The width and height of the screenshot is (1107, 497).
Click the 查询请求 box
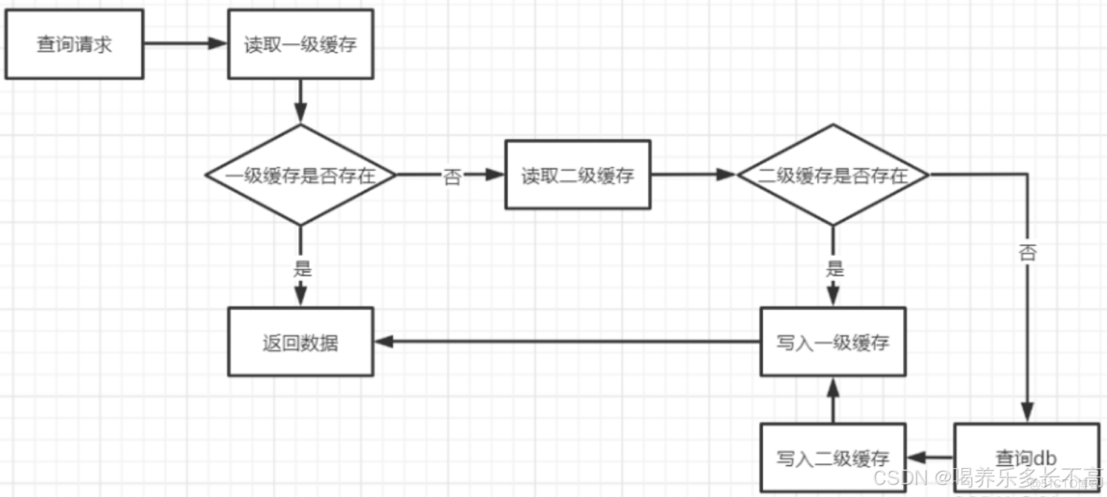[74, 44]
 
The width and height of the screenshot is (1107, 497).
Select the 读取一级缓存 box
[301, 44]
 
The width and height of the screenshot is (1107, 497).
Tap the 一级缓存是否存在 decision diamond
[300, 175]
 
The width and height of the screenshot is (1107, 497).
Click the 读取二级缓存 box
[578, 175]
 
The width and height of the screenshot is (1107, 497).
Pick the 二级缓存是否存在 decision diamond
[832, 175]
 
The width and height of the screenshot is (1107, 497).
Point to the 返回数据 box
[300, 342]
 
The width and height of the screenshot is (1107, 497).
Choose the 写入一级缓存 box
[832, 342]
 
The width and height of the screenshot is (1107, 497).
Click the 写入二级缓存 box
[832, 458]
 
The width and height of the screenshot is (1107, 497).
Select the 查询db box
[1026, 458]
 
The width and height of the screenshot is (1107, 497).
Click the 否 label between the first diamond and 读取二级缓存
[453, 177]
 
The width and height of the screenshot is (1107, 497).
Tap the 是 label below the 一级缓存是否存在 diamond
[301, 269]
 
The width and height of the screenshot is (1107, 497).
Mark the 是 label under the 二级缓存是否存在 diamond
[834, 269]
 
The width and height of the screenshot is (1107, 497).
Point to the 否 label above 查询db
[1028, 252]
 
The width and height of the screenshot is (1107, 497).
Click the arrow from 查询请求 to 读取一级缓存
[187, 44]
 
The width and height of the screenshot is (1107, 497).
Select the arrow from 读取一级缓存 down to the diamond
[301, 100]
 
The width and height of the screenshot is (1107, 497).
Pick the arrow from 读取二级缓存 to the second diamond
[694, 175]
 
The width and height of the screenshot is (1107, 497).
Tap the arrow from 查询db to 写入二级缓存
[929, 458]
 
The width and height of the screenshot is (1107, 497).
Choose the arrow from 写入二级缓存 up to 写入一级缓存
[832, 400]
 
